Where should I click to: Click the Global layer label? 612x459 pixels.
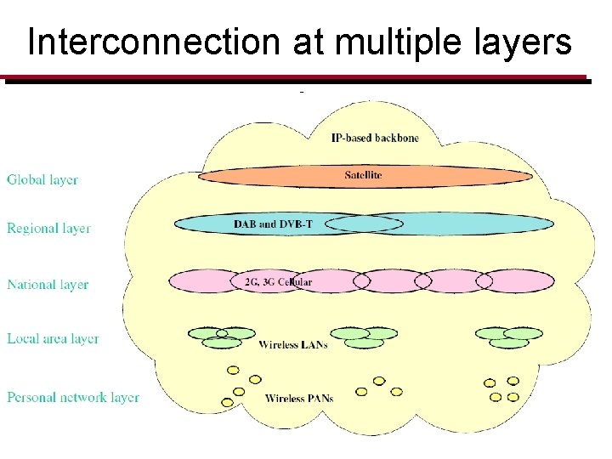click(x=42, y=180)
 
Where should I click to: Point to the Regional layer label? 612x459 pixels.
click(x=48, y=229)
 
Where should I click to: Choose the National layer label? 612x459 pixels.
click(x=48, y=285)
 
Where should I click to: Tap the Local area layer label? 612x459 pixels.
click(x=53, y=339)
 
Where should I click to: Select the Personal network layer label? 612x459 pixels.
click(x=73, y=397)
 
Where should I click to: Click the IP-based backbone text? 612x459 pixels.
click(x=375, y=138)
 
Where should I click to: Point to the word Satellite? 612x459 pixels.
click(x=363, y=175)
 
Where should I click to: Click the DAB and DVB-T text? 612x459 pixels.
click(x=273, y=224)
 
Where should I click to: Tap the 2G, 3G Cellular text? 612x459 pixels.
click(x=272, y=281)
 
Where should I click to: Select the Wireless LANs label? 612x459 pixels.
click(x=292, y=345)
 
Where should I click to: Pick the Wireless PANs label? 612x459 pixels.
click(x=299, y=398)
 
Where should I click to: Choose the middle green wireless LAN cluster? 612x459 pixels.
click(x=364, y=337)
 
